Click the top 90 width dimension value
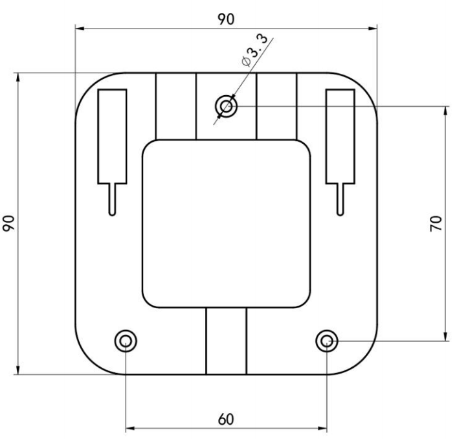226,19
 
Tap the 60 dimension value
226,419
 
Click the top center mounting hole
226,106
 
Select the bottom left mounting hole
125,340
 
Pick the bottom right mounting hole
327,340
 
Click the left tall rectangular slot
112,136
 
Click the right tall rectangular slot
340,136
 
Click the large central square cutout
226,223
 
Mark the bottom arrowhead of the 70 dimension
446,335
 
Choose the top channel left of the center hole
175,106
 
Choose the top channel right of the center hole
276,106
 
